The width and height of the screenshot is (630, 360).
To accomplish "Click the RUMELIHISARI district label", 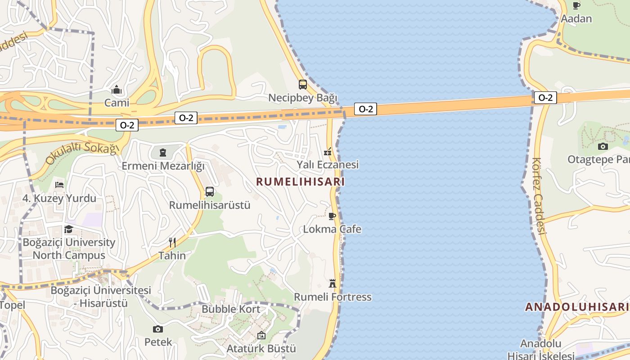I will click(300, 182).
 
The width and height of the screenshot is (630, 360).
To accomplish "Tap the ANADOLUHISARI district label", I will click(577, 307).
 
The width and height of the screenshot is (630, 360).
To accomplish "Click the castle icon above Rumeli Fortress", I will click(333, 283).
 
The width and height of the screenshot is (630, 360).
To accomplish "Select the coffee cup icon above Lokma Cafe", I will click(332, 216).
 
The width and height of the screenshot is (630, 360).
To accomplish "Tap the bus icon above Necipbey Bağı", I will click(303, 84).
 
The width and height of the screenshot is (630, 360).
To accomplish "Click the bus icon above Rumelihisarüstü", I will click(210, 192).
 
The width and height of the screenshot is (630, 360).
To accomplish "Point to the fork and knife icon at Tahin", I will click(172, 243).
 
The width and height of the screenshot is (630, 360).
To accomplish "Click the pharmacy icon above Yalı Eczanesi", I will click(328, 152).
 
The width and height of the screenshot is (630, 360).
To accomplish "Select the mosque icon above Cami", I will click(117, 90).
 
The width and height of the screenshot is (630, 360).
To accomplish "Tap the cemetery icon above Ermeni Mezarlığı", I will click(163, 153).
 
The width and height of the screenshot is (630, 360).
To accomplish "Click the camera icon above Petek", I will click(158, 329).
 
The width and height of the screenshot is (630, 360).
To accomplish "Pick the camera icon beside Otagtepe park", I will click(603, 146).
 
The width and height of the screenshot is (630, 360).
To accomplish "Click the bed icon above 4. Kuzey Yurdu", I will click(59, 185).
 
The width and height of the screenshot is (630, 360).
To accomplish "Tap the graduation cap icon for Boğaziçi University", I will click(68, 229).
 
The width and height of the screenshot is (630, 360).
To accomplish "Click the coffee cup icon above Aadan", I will click(576, 5).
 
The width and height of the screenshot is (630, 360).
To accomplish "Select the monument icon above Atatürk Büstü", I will click(261, 335).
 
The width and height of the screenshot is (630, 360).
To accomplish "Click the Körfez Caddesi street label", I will click(539, 196).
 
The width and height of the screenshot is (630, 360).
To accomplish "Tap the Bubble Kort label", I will click(231, 309).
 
